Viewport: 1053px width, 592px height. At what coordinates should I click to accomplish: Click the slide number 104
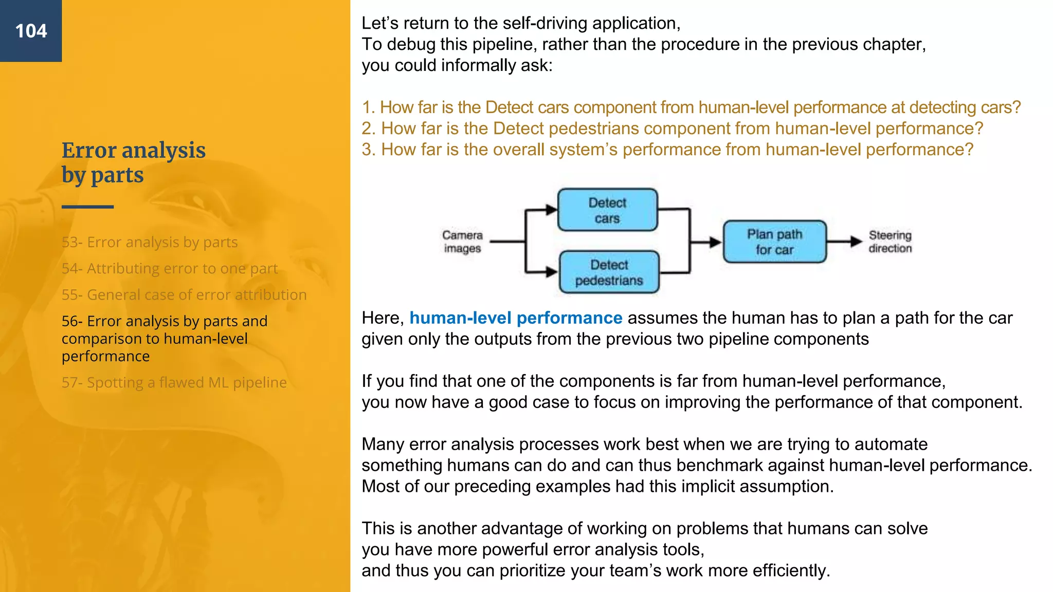pyautogui.click(x=31, y=31)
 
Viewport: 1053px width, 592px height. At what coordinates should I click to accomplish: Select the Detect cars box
pyautogui.click(x=607, y=210)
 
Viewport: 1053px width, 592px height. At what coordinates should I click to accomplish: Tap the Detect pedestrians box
pyautogui.click(x=609, y=272)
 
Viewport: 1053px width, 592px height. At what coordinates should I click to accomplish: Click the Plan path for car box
pyautogui.click(x=774, y=242)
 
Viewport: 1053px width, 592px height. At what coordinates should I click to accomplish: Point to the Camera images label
pyautogui.click(x=462, y=242)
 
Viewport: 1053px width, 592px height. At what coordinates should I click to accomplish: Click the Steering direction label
pyautogui.click(x=890, y=242)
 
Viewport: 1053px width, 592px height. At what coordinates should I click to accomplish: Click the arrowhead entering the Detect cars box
pyautogui.click(x=551, y=210)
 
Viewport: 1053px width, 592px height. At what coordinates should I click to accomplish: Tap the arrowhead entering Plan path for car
pyautogui.click(x=715, y=242)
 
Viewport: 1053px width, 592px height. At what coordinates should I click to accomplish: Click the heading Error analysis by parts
pyautogui.click(x=133, y=162)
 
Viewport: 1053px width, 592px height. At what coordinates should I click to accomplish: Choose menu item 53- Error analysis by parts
pyautogui.click(x=149, y=242)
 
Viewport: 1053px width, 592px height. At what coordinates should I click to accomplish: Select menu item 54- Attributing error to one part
pyautogui.click(x=169, y=268)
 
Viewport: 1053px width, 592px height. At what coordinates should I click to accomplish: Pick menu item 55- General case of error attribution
pyautogui.click(x=184, y=295)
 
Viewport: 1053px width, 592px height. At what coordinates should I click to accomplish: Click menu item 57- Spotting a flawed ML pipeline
pyautogui.click(x=174, y=382)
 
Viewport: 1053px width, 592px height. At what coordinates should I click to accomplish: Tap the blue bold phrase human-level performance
pyautogui.click(x=515, y=318)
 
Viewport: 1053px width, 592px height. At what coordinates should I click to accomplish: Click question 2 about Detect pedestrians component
pyautogui.click(x=671, y=128)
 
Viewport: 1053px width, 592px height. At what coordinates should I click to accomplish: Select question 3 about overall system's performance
pyautogui.click(x=667, y=150)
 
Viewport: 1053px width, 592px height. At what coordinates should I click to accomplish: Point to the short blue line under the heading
pyautogui.click(x=87, y=207)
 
